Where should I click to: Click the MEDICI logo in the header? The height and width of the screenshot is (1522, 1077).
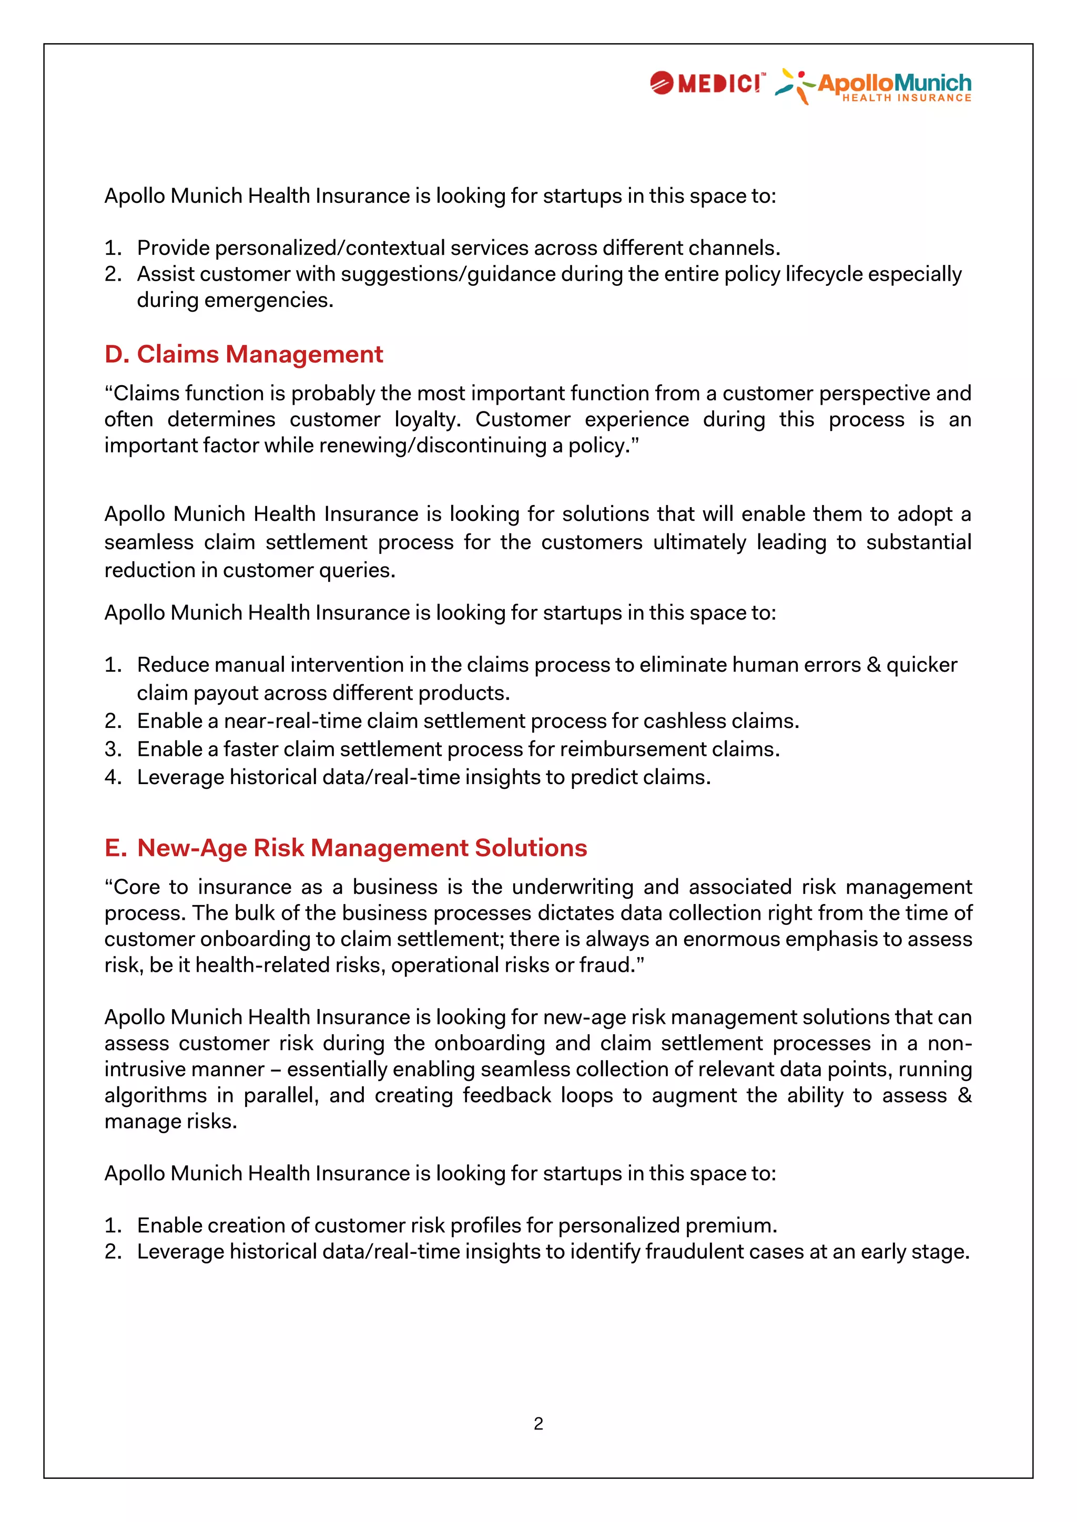[x=707, y=84]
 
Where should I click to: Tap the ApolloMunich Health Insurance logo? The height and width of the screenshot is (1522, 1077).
[x=874, y=87]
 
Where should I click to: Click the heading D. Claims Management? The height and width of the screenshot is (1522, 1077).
[x=243, y=355]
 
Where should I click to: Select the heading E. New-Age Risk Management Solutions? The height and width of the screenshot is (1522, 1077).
[x=346, y=848]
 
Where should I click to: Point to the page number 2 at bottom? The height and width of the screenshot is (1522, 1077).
[x=538, y=1423]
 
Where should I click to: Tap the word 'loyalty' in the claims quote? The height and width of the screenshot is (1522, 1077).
[x=429, y=419]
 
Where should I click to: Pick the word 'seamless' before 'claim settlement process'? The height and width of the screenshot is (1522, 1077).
[x=148, y=542]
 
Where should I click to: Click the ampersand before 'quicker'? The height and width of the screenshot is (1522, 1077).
[x=873, y=665]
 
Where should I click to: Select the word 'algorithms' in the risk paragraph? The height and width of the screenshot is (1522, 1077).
[x=155, y=1096]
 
